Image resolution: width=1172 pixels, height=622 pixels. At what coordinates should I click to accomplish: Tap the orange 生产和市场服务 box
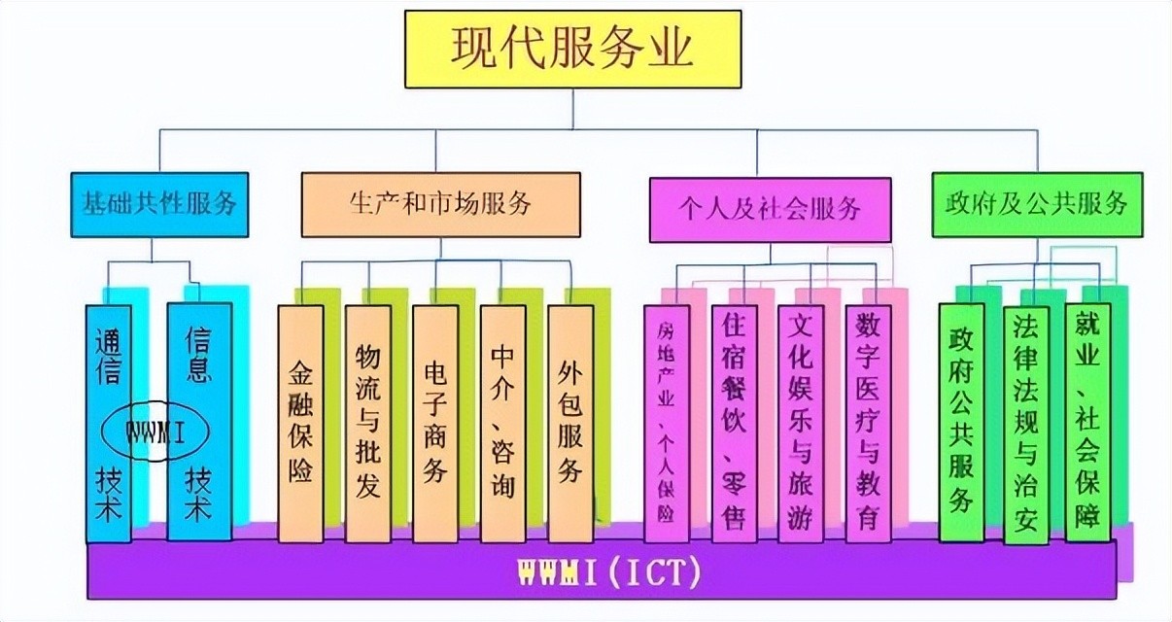pyautogui.click(x=440, y=204)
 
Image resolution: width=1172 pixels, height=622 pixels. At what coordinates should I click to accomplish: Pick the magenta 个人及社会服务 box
pyautogui.click(x=770, y=208)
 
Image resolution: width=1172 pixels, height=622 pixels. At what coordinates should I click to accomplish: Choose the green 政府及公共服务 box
pyautogui.click(x=1037, y=204)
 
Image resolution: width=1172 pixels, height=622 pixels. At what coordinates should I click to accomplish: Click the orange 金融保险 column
pyautogui.click(x=300, y=423)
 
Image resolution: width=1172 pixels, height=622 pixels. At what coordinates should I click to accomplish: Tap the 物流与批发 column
pyautogui.click(x=367, y=423)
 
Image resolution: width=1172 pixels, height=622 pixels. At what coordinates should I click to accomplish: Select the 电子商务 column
pyautogui.click(x=434, y=423)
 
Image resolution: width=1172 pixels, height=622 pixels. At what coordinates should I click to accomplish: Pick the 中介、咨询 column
pyautogui.click(x=502, y=423)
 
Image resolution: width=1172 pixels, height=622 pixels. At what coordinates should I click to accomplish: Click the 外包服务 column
pyautogui.click(x=570, y=423)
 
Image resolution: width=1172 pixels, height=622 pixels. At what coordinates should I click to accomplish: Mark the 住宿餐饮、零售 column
pyautogui.click(x=734, y=423)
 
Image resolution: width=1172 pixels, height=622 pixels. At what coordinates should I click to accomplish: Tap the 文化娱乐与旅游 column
pyautogui.click(x=801, y=423)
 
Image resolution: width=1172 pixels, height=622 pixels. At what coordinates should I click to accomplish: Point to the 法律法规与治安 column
pyautogui.click(x=1026, y=423)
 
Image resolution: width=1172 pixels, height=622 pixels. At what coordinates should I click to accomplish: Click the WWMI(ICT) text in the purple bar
pyautogui.click(x=603, y=572)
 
